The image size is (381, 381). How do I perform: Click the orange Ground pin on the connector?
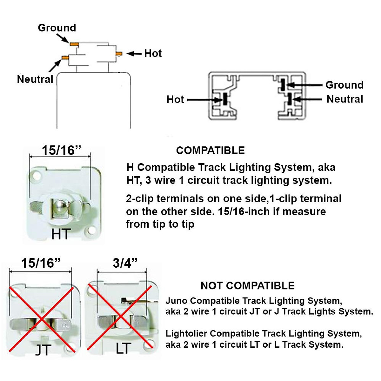[74, 43]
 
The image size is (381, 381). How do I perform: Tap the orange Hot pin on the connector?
[119, 54]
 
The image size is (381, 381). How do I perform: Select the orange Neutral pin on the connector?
[65, 57]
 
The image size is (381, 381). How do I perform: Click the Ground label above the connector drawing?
[57, 28]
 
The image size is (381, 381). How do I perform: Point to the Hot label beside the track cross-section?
[175, 100]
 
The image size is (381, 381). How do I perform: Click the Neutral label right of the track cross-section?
[345, 99]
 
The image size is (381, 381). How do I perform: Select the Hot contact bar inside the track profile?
[225, 99]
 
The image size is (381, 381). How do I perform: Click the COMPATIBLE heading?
[211, 150]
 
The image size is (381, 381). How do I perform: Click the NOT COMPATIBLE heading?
[248, 286]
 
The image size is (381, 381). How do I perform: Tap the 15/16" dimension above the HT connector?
[62, 150]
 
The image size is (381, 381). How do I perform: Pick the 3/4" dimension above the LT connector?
[125, 263]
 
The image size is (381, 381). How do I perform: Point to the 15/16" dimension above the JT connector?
[41, 263]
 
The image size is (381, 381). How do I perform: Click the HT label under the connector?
[61, 235]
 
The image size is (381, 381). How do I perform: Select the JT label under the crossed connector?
[43, 350]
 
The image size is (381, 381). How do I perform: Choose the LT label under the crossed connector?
[123, 349]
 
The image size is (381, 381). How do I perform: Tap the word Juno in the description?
[177, 301]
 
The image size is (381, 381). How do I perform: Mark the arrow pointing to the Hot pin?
[134, 54]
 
